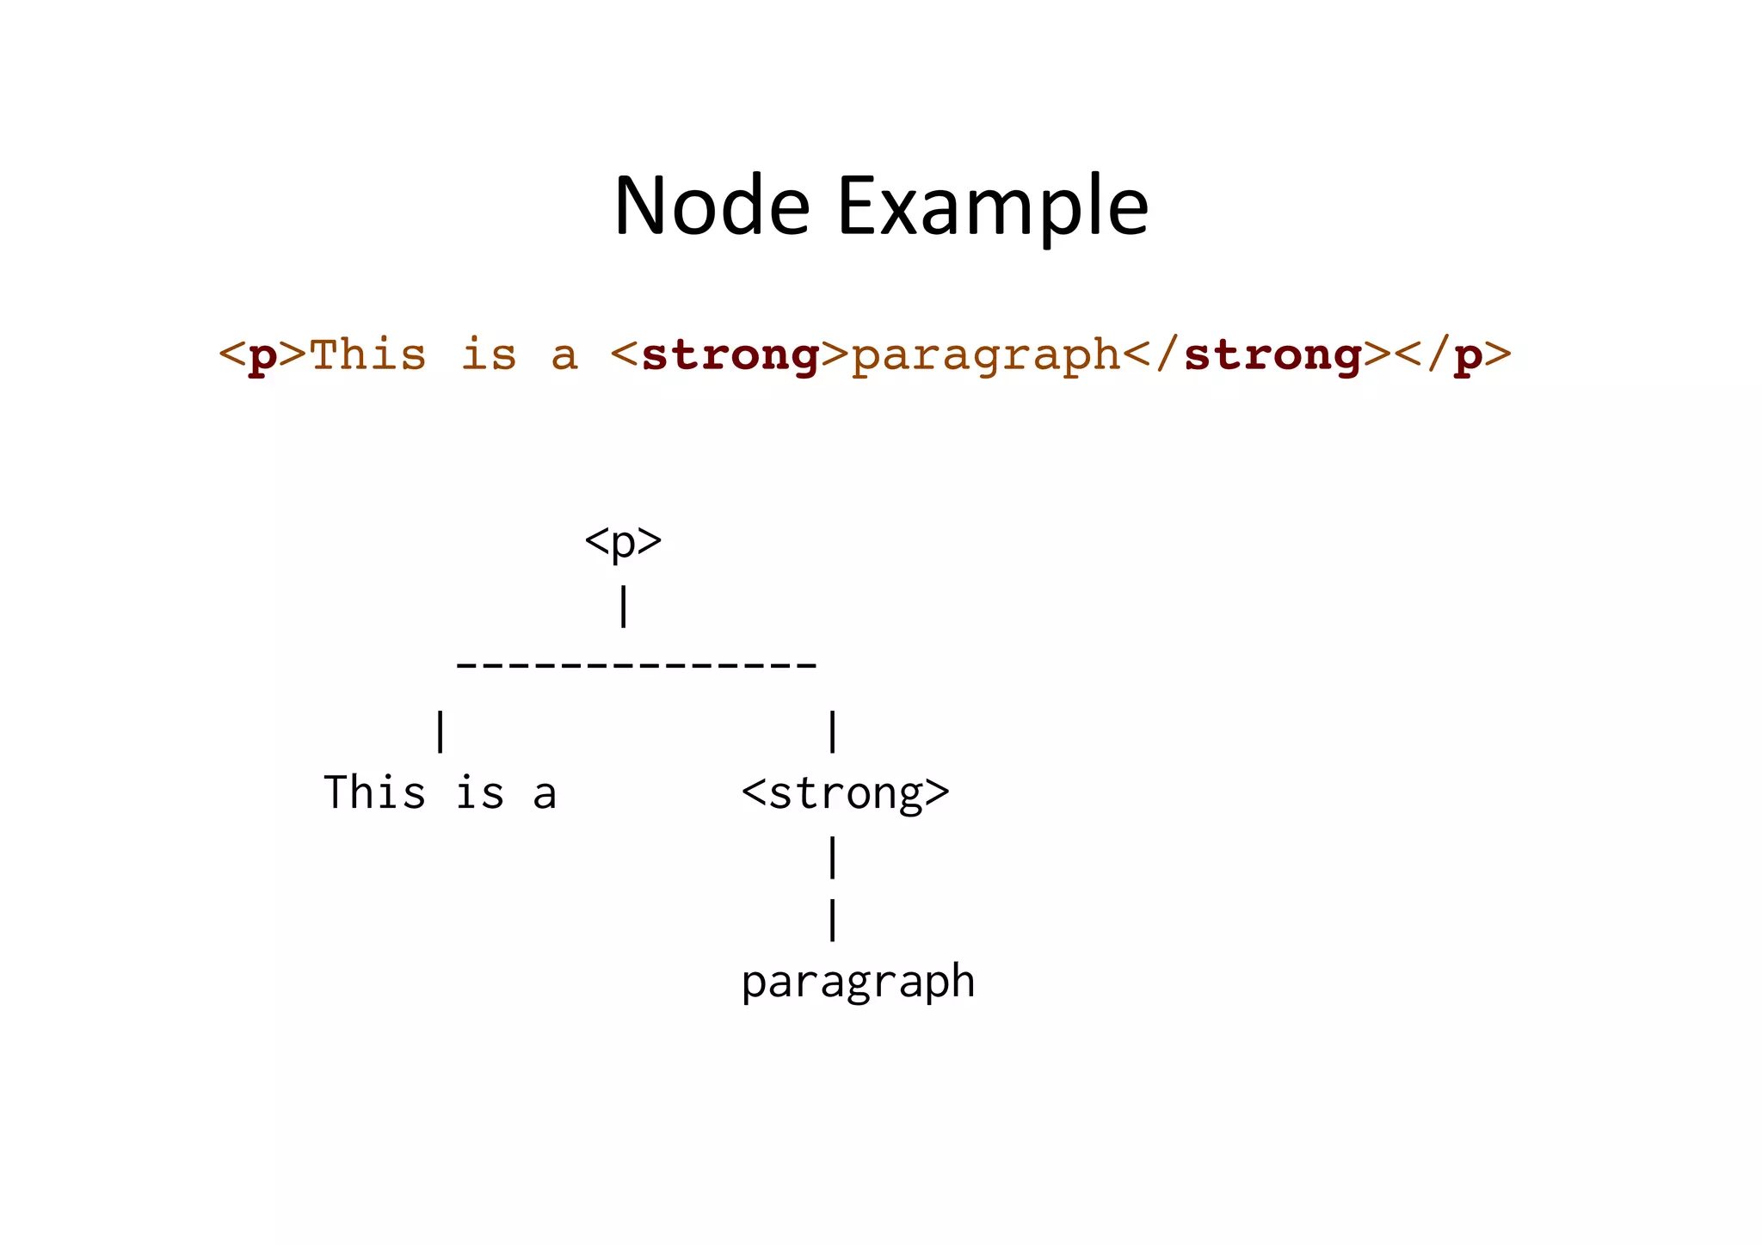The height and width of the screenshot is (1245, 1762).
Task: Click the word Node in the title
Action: click(x=712, y=206)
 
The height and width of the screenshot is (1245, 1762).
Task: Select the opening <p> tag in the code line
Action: click(x=262, y=355)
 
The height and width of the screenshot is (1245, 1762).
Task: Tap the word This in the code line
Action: click(x=367, y=355)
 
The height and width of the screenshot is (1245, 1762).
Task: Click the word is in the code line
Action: click(x=489, y=355)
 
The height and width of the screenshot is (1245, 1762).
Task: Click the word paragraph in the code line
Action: click(x=986, y=355)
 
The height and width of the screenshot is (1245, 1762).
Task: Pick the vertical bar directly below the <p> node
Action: click(x=624, y=607)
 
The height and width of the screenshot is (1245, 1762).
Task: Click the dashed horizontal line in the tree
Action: click(x=636, y=665)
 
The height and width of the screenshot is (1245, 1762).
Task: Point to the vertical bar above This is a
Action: click(x=440, y=731)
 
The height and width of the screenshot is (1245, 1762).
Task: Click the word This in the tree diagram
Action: click(x=374, y=793)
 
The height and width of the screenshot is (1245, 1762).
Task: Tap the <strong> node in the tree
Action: click(x=845, y=793)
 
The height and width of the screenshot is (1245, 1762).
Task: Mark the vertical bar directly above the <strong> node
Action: click(x=832, y=731)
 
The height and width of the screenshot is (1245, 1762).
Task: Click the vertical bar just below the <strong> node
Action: click(x=832, y=858)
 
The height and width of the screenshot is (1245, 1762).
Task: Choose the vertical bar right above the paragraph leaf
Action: click(x=832, y=920)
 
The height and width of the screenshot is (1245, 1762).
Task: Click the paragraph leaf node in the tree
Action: click(x=858, y=983)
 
